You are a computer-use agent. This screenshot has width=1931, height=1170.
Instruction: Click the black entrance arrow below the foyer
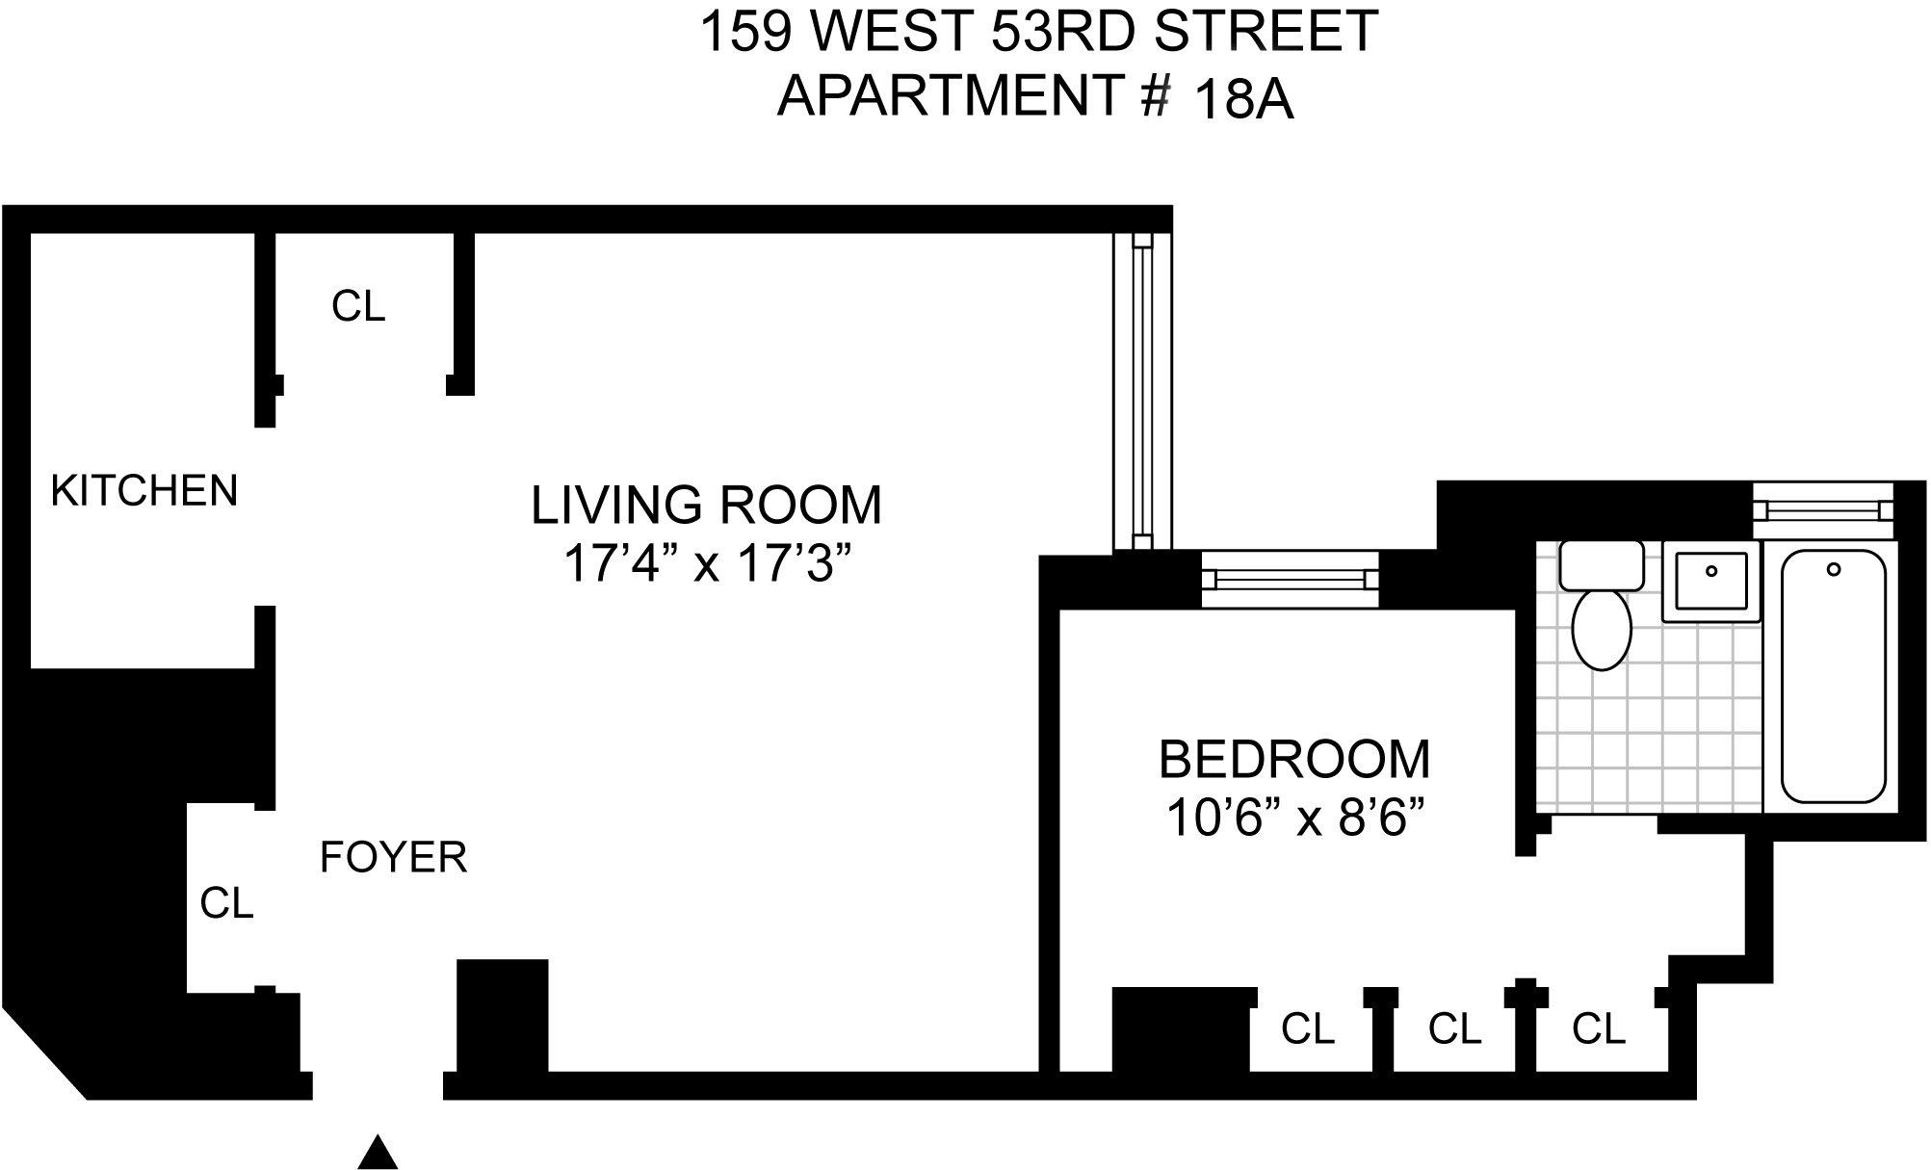coord(378,1154)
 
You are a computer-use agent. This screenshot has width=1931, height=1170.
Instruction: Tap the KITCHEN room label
coord(144,491)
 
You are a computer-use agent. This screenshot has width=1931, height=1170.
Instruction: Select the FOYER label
coord(393,857)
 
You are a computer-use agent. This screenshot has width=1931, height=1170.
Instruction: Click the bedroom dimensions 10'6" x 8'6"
coord(1294,819)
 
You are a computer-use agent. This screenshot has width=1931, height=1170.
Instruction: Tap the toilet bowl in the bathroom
coord(1601,629)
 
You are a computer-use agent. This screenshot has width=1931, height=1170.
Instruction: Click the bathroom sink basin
coord(1711,580)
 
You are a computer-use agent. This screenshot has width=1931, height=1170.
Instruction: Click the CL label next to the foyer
coord(226,903)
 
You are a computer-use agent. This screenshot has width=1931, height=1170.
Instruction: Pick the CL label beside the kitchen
coord(358,306)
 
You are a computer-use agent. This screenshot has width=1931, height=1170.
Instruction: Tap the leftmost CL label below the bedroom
coord(1308,1029)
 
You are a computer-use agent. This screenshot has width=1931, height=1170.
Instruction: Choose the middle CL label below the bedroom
coord(1454,1029)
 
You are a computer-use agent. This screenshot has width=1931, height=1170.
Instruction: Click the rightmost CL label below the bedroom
coord(1599,1029)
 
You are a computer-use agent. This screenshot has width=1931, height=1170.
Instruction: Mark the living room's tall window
coord(1142,391)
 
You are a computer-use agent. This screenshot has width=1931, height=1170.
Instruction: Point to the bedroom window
coord(1290,579)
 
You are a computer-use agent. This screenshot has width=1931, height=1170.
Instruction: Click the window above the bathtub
coord(1822,510)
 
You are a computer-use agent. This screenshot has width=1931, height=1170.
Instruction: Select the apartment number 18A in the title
coord(1243,100)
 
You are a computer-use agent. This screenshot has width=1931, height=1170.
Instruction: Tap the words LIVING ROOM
coord(706,506)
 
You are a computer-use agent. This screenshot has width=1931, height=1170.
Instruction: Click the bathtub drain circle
coord(1834,569)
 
